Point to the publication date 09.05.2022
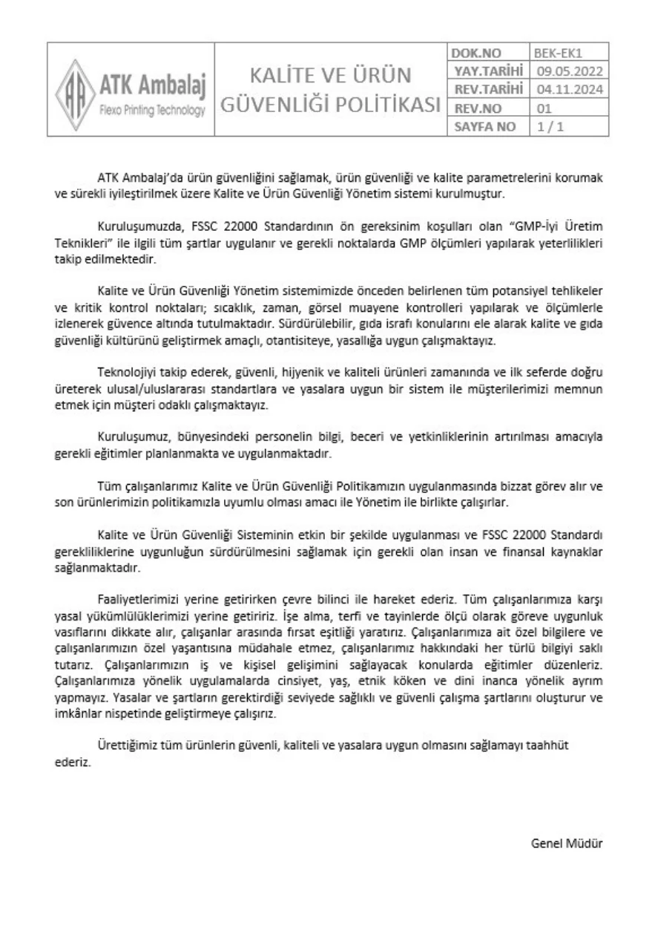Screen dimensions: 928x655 point(569,71)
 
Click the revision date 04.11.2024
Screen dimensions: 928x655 point(569,90)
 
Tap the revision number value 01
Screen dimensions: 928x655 point(544,108)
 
